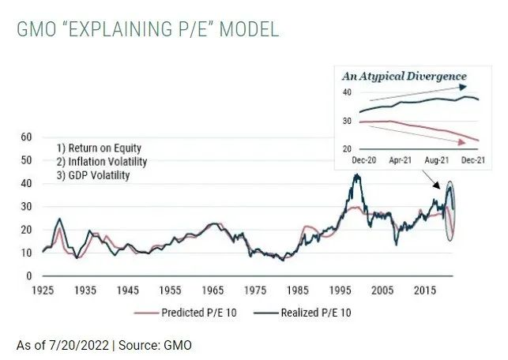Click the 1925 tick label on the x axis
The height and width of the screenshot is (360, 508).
pyautogui.click(x=42, y=291)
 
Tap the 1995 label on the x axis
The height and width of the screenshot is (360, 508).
pyautogui.click(x=340, y=291)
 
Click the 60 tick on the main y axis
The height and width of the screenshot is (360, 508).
pyautogui.click(x=25, y=137)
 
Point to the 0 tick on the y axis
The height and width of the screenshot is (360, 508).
pyautogui.click(x=28, y=276)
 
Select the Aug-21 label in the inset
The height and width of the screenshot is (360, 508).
pyautogui.click(x=437, y=160)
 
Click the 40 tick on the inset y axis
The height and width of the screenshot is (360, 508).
pyautogui.click(x=346, y=92)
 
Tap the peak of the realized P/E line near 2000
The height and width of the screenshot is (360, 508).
pyautogui.click(x=357, y=175)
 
